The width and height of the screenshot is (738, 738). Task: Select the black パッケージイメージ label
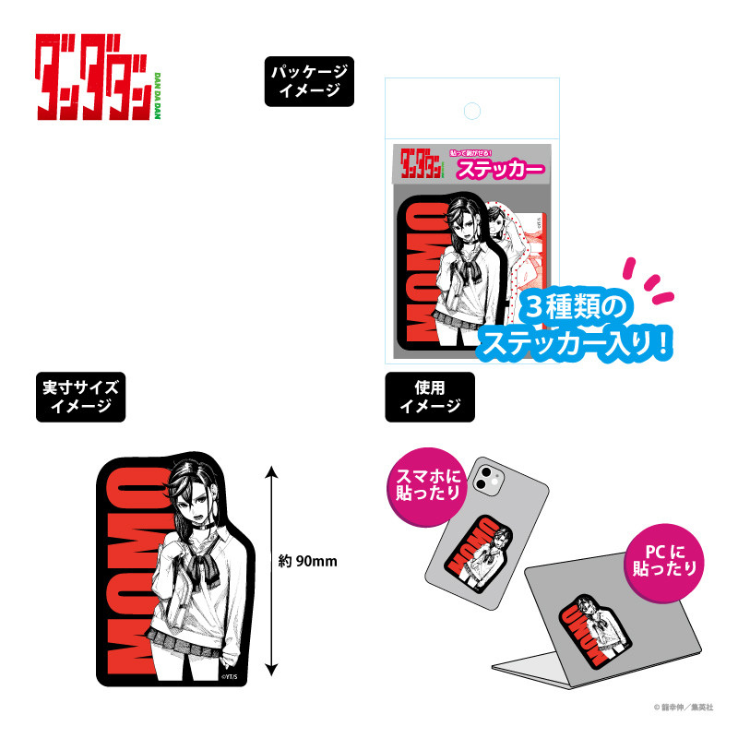309,81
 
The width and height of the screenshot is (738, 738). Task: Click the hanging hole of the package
471,112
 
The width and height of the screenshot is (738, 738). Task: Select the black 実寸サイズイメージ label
81,396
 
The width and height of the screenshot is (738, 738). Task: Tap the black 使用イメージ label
429,396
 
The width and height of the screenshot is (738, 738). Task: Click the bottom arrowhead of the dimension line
271,671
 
